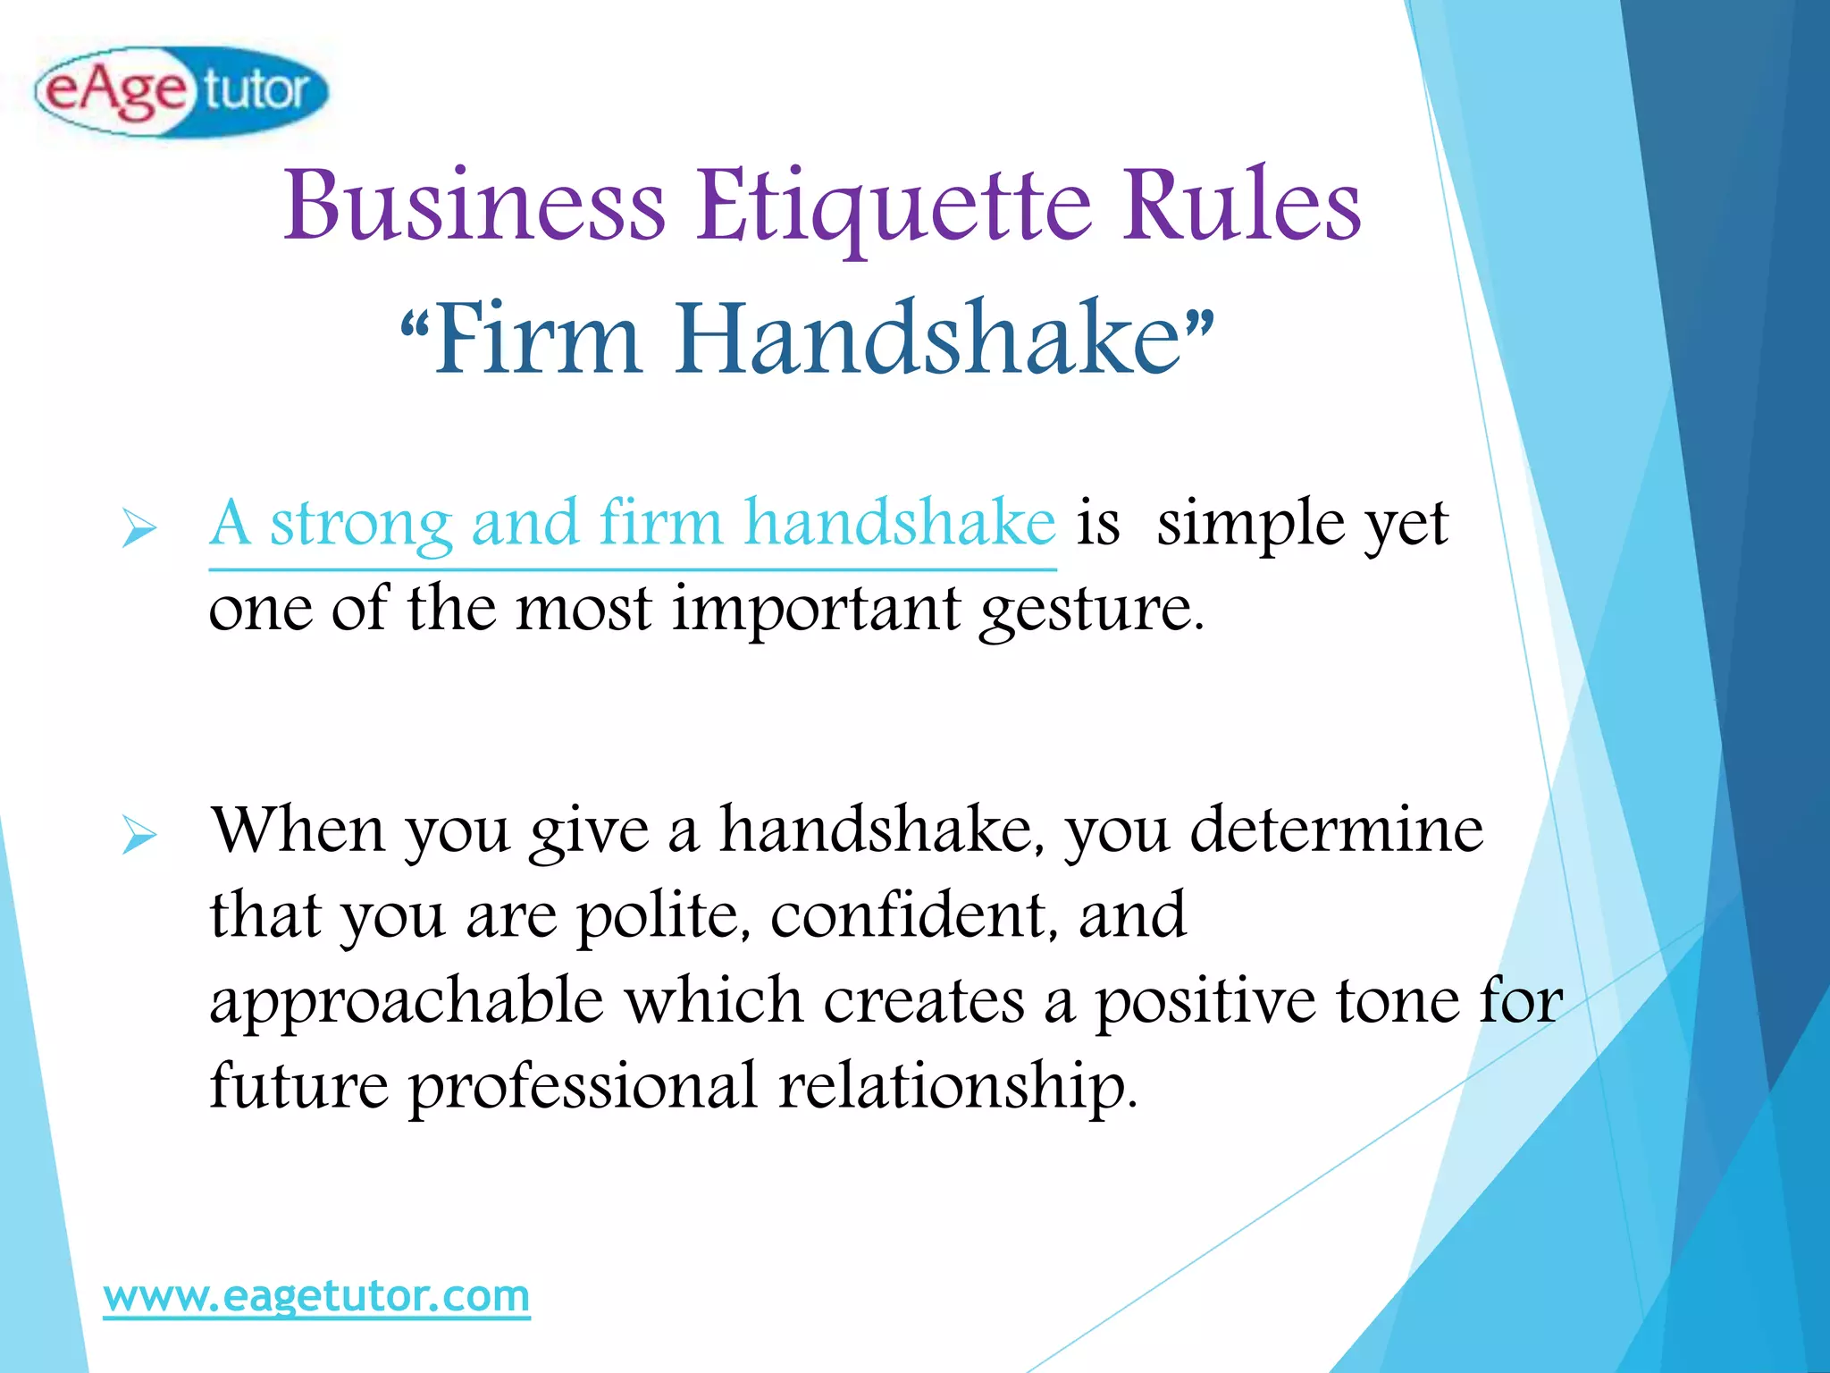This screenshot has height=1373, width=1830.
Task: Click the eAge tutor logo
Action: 181,91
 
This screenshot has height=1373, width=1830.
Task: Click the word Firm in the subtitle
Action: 537,339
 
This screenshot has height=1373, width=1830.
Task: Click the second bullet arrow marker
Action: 139,835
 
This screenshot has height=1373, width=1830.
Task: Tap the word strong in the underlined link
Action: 361,525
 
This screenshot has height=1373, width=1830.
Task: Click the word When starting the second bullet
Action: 298,830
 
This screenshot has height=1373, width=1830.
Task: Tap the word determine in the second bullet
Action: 1337,830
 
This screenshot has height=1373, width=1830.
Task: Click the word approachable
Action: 407,1002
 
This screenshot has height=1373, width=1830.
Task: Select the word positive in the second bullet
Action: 1205,1000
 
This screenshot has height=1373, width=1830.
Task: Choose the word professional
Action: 583,1087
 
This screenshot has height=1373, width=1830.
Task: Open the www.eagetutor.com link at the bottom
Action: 316,1296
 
